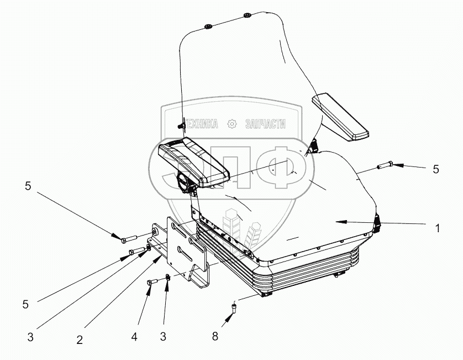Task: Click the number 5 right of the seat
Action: [x=436, y=170]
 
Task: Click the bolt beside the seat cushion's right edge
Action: [x=385, y=164]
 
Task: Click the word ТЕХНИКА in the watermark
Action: [x=201, y=124]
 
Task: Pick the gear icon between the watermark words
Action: [x=233, y=124]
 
